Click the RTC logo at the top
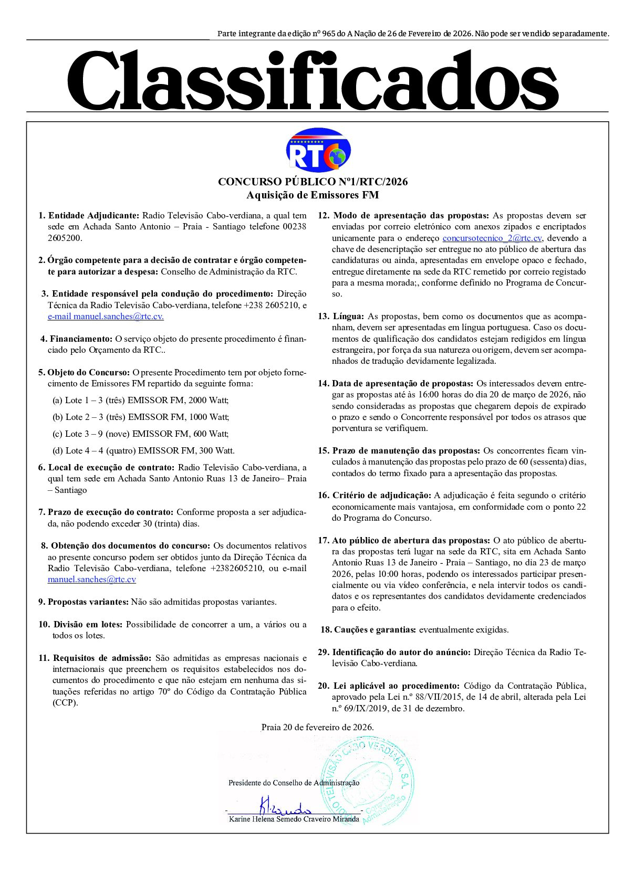318,150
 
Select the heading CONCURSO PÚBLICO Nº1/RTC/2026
313,182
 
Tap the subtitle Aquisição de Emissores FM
313,195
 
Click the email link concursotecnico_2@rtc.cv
492,238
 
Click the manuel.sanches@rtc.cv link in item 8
92,580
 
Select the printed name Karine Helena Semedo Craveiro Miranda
294,819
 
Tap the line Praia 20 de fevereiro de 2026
317,728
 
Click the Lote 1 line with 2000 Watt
141,400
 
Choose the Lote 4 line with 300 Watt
143,450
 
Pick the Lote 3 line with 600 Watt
141,434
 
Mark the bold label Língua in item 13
348,316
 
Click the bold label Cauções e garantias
375,629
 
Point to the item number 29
323,652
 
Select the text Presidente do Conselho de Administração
294,783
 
